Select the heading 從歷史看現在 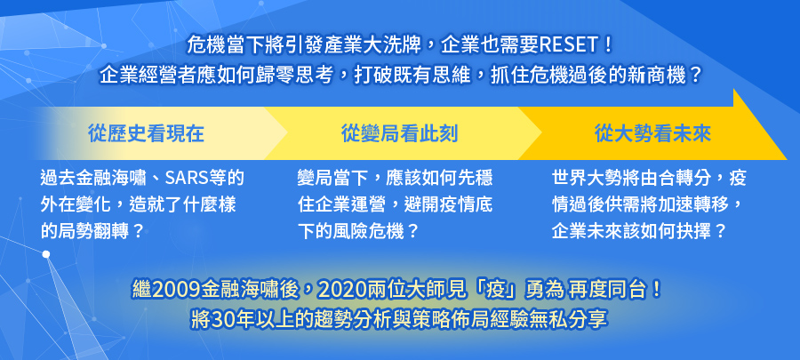pyautogui.click(x=146, y=133)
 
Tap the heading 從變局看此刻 pyautogui.click(x=399, y=133)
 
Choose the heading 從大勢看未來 pyautogui.click(x=652, y=133)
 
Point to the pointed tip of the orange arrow pyautogui.click(x=787, y=159)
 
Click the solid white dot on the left pyautogui.click(x=46, y=254)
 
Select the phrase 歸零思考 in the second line pyautogui.click(x=297, y=76)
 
